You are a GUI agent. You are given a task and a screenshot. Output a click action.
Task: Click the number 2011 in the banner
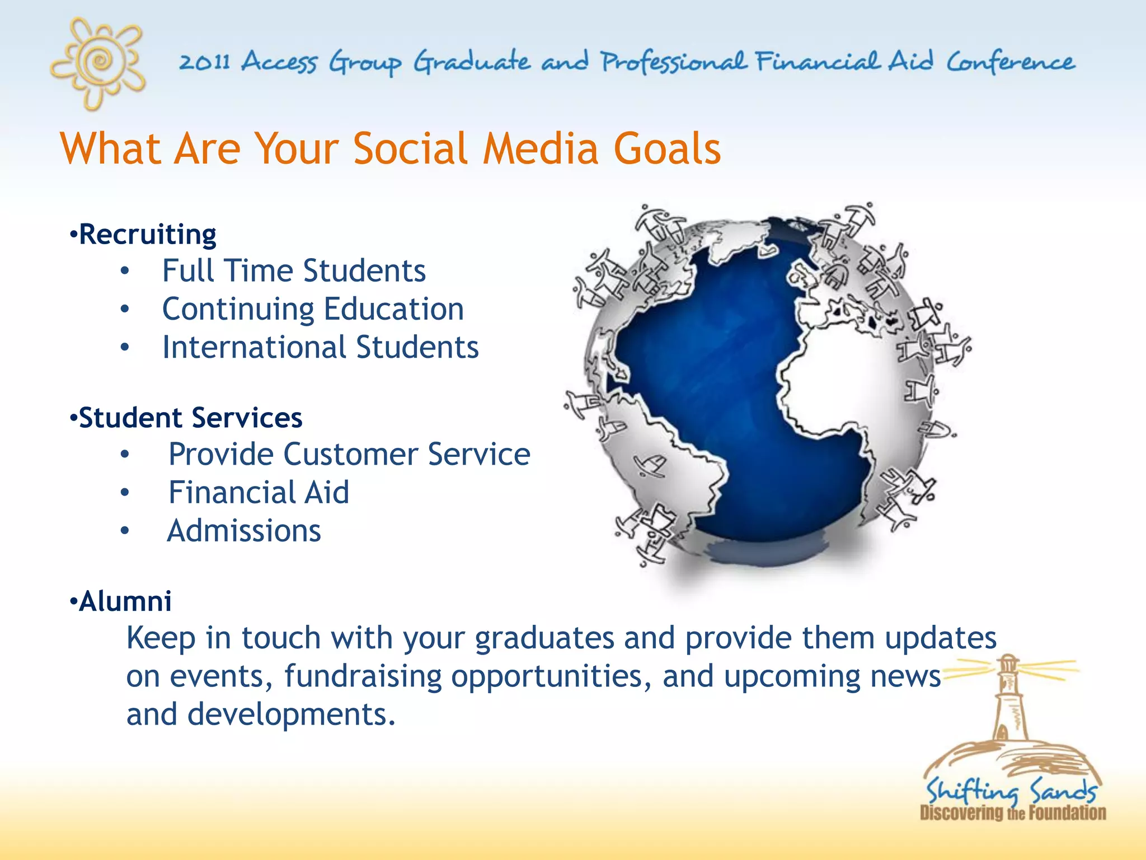click(x=205, y=62)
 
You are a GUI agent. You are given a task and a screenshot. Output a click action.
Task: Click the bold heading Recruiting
click(x=147, y=234)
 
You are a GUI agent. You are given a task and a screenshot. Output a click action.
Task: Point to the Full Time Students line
click(x=294, y=271)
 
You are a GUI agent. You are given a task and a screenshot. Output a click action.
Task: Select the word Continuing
click(x=238, y=310)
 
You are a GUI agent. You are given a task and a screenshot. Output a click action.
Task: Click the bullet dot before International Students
click(x=125, y=348)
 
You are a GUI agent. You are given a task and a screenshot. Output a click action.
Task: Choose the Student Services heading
click(x=190, y=418)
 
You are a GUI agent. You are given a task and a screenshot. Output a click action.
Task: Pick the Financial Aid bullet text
click(x=259, y=493)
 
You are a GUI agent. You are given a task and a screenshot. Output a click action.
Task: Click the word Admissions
click(x=244, y=531)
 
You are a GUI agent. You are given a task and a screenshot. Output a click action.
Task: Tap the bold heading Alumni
click(x=125, y=601)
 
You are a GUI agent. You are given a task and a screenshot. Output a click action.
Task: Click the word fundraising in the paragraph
click(x=363, y=676)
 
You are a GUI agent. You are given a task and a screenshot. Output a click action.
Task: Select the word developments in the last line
click(x=291, y=714)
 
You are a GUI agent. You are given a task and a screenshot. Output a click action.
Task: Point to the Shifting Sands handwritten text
click(x=1011, y=791)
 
